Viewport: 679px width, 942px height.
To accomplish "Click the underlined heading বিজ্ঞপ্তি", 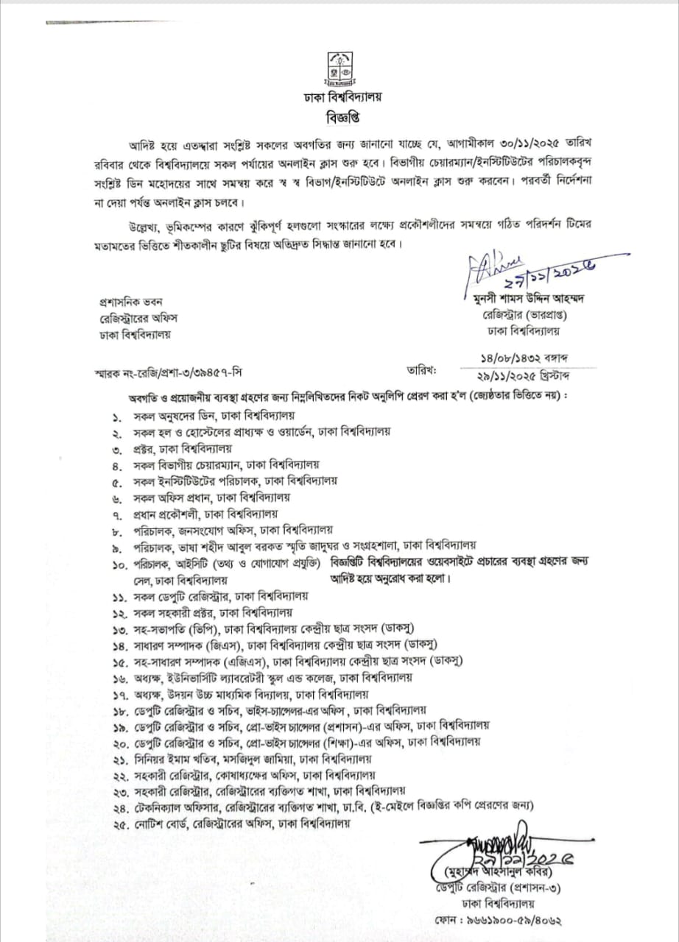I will tap(339, 116).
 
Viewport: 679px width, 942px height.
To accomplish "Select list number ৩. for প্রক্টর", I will tap(117, 448).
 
